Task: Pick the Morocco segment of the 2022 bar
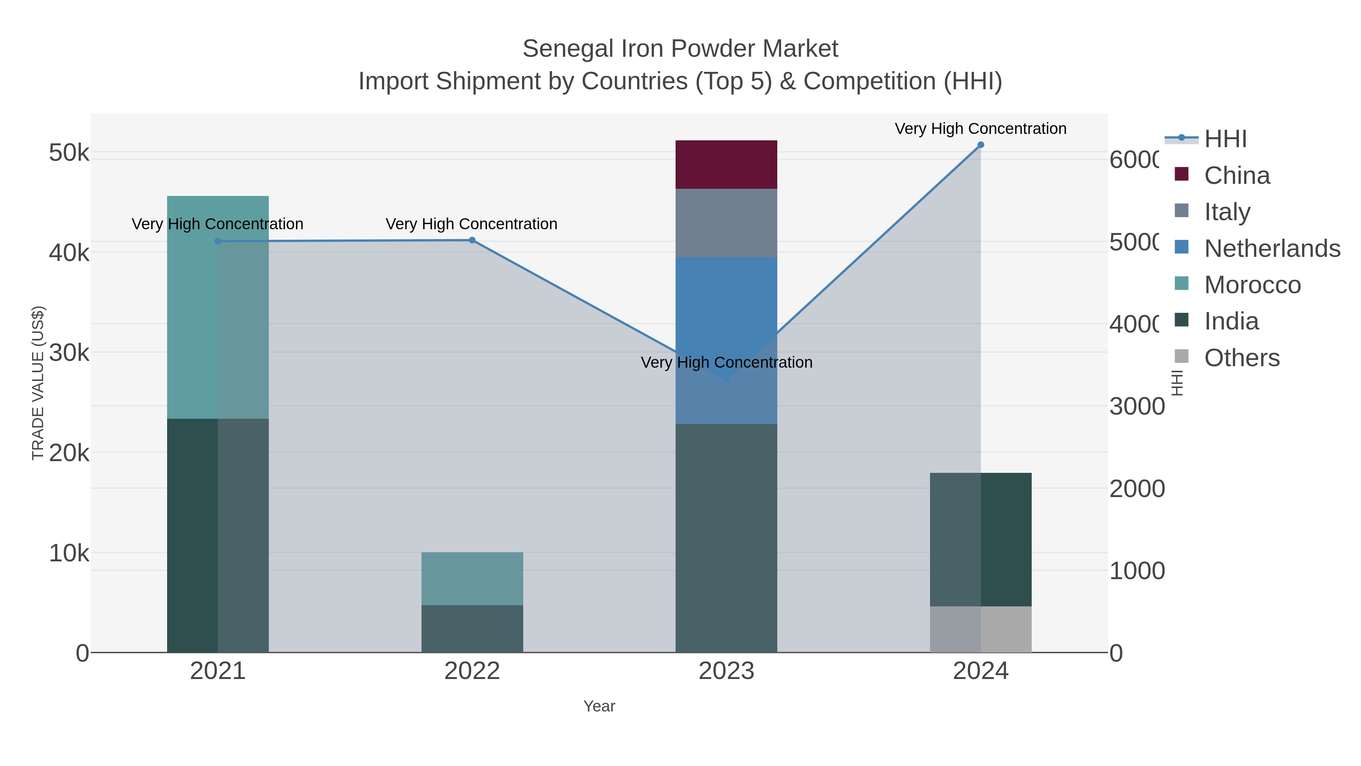click(472, 578)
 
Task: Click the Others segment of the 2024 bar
click(981, 629)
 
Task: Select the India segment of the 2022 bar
click(472, 629)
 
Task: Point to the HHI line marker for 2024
click(981, 145)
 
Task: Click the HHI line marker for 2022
click(472, 241)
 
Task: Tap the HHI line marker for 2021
click(218, 242)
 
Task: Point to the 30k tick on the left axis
click(69, 353)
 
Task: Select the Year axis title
click(599, 706)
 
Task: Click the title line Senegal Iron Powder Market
click(680, 49)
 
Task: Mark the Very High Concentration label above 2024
click(981, 129)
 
